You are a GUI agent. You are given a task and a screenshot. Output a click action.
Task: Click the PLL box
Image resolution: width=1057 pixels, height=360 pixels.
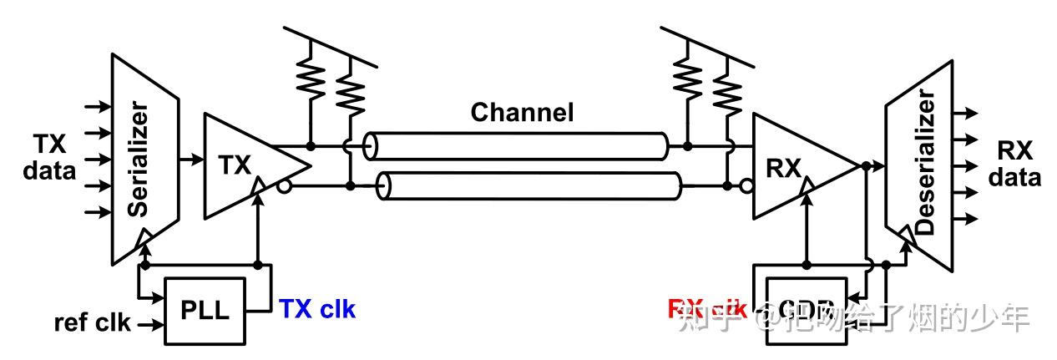click(x=205, y=311)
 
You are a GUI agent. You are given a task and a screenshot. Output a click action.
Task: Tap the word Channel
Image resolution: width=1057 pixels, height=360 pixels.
click(x=522, y=113)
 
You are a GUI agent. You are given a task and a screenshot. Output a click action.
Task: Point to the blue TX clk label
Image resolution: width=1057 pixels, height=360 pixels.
click(x=317, y=310)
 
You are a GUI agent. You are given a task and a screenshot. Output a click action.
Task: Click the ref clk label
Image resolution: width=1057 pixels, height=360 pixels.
click(x=92, y=322)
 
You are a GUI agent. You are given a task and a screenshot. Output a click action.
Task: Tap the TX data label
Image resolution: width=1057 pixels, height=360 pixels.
click(x=49, y=159)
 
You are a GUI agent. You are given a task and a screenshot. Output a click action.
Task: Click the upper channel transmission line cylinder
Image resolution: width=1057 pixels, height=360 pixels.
click(x=518, y=146)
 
